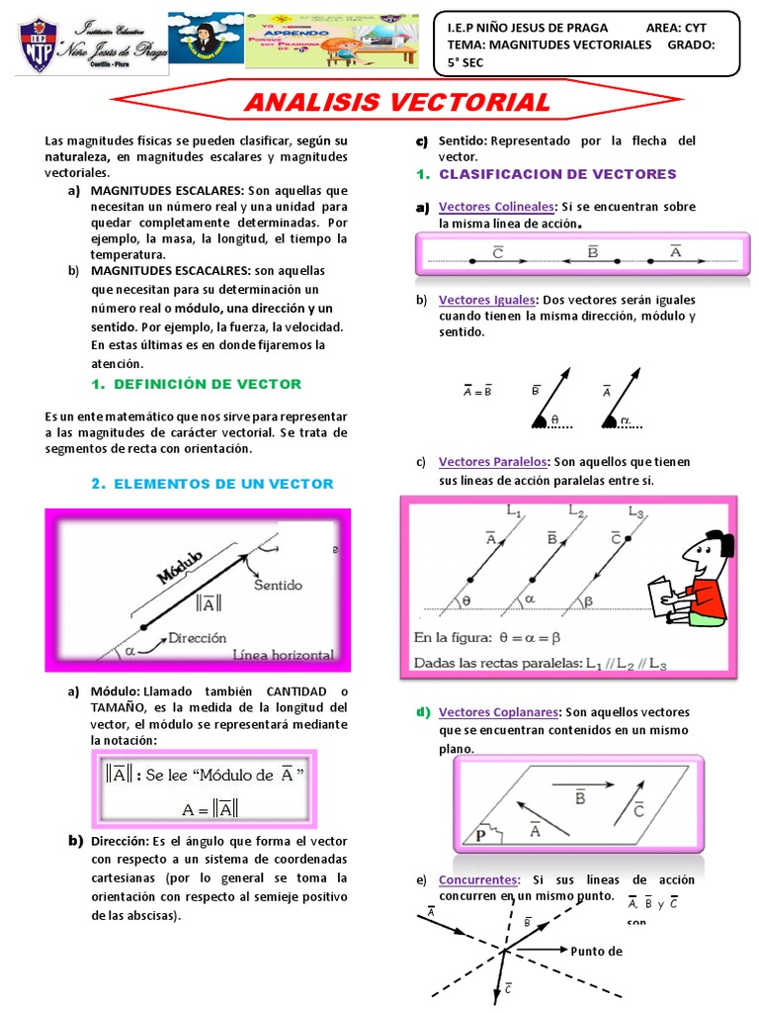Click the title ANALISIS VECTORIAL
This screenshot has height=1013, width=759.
(396, 102)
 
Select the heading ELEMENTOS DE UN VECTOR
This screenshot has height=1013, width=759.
(224, 484)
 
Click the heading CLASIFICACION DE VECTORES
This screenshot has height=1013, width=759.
(557, 174)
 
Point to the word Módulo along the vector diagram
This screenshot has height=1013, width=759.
(178, 568)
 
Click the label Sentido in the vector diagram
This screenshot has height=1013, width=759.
(278, 585)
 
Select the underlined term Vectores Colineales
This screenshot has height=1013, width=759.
(496, 207)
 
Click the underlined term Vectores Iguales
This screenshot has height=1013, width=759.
(487, 300)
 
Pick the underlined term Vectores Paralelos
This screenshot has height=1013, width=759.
(492, 462)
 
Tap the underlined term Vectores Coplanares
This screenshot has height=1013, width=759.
(499, 712)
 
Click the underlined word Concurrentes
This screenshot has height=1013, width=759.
(479, 879)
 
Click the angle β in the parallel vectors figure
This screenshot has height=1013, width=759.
(591, 600)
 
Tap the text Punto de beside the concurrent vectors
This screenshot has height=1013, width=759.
(596, 951)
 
